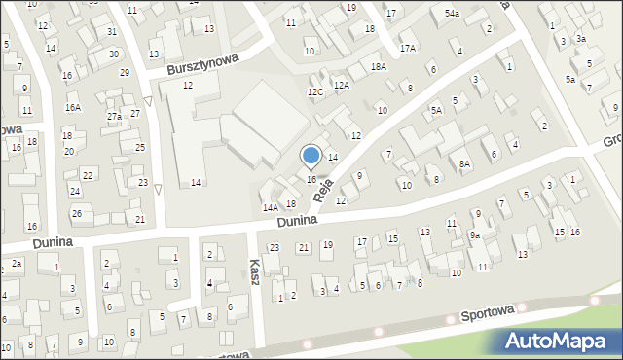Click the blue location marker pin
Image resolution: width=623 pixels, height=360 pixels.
(x=311, y=156)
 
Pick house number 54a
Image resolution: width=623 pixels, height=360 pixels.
(x=452, y=14)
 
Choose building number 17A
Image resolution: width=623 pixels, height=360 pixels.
(x=407, y=48)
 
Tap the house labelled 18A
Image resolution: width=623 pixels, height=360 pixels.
(x=379, y=66)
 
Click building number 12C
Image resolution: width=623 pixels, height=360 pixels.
(x=314, y=91)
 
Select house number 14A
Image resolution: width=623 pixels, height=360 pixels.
(x=270, y=207)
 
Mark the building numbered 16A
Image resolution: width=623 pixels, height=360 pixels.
(x=72, y=108)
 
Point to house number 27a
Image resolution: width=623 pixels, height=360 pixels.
(x=114, y=117)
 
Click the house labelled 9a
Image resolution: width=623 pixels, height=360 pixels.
(x=475, y=235)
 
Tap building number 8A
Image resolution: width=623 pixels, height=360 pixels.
(x=465, y=165)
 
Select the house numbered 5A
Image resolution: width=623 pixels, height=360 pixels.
(x=437, y=111)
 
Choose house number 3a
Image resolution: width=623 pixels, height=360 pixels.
(x=580, y=38)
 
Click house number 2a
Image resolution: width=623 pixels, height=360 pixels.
(x=17, y=264)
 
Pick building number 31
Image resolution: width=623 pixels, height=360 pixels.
(x=113, y=32)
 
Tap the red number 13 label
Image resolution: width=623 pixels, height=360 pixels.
(x=209, y=29)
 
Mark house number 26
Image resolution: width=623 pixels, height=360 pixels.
(x=76, y=213)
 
